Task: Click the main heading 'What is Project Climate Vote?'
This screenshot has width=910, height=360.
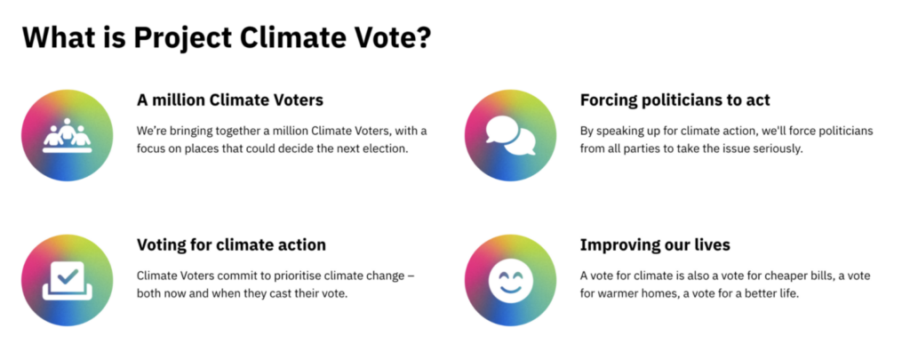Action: [x=227, y=37]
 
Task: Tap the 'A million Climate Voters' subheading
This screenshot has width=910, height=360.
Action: [x=230, y=100]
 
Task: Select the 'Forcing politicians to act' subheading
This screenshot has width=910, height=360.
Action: [x=675, y=100]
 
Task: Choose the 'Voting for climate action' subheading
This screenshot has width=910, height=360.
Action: [x=231, y=245]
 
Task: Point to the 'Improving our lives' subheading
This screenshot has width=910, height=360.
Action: [x=655, y=245]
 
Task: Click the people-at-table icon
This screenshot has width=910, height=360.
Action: [x=68, y=135]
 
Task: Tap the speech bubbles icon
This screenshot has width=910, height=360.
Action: [x=511, y=135]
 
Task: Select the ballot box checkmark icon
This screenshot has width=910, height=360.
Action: [x=68, y=281]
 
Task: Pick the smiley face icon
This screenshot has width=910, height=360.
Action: [x=511, y=281]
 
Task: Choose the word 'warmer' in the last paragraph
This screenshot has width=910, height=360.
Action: [x=616, y=294]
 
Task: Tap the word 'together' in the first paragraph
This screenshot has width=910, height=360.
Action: [x=243, y=132]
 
